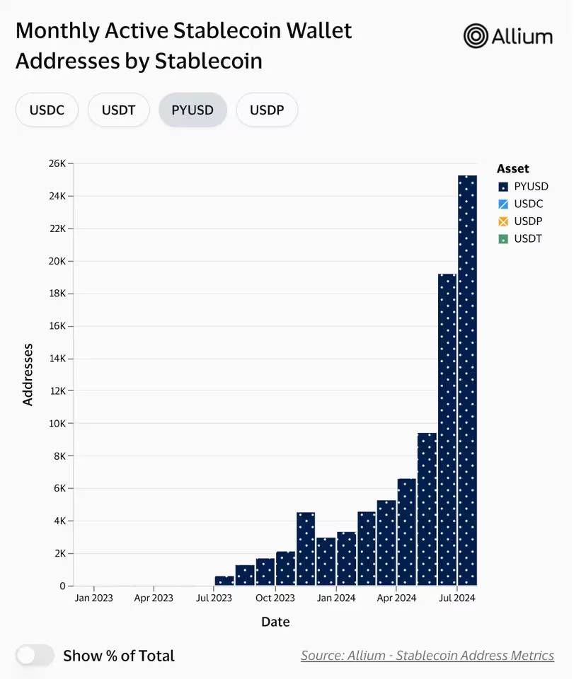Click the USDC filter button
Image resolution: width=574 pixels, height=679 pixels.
coord(47,110)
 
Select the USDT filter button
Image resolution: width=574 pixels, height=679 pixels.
coord(118,110)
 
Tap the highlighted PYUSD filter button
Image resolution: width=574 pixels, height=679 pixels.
coord(193,110)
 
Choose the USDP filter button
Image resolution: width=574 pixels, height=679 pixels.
coord(267,110)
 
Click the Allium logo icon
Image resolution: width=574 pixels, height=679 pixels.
coord(476,36)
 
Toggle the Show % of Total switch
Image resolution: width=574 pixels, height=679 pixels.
coord(35,656)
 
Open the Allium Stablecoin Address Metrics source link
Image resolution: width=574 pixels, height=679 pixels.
coord(427,656)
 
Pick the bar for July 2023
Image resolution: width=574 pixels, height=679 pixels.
coord(224,581)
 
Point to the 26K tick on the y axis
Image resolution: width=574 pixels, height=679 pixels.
coord(57,163)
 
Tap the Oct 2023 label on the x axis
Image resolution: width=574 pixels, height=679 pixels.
coord(275,598)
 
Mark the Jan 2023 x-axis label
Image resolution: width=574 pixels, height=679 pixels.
coord(93,598)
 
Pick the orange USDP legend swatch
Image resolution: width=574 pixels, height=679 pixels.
coord(504,221)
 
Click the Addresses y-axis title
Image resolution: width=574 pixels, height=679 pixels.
coord(28,374)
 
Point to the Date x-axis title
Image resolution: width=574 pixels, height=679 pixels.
coord(275,622)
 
